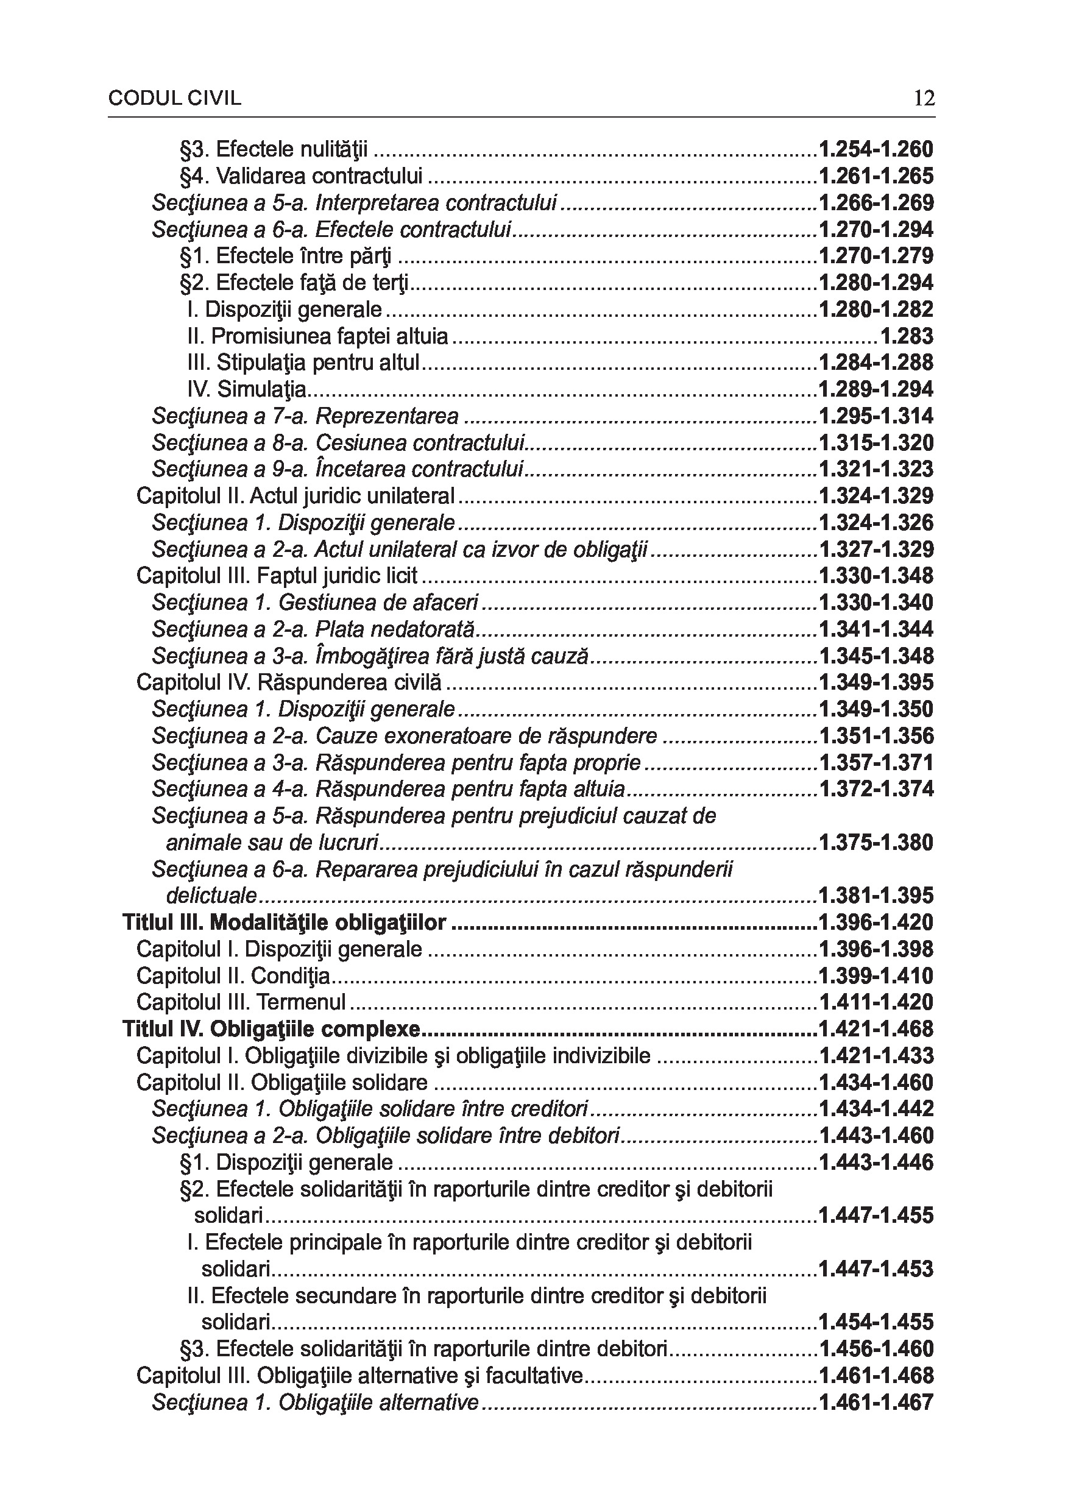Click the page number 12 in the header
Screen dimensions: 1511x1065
(x=924, y=99)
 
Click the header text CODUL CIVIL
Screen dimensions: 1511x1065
(x=174, y=99)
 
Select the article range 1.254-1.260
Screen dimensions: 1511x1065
(x=876, y=149)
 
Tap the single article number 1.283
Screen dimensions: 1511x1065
(x=907, y=336)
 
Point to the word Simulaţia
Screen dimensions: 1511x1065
(x=261, y=389)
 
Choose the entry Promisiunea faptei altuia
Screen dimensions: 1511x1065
(x=317, y=336)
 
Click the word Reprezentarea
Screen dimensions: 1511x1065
(x=387, y=416)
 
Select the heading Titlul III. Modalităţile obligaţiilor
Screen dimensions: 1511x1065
(x=285, y=922)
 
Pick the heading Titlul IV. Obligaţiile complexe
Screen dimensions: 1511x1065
(x=271, y=1029)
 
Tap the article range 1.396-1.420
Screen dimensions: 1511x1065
(x=876, y=922)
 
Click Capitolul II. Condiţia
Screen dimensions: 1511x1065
(x=233, y=976)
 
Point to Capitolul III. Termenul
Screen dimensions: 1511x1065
(x=241, y=1002)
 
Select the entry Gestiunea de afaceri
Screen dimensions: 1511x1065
(x=378, y=603)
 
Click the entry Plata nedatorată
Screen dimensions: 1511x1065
(x=394, y=629)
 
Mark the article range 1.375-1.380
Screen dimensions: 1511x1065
(x=876, y=843)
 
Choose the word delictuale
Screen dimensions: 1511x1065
(x=211, y=896)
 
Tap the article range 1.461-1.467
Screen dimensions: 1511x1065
(x=876, y=1403)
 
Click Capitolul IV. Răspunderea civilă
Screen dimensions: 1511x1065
(x=289, y=682)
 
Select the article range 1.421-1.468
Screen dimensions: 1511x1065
(x=876, y=1029)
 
